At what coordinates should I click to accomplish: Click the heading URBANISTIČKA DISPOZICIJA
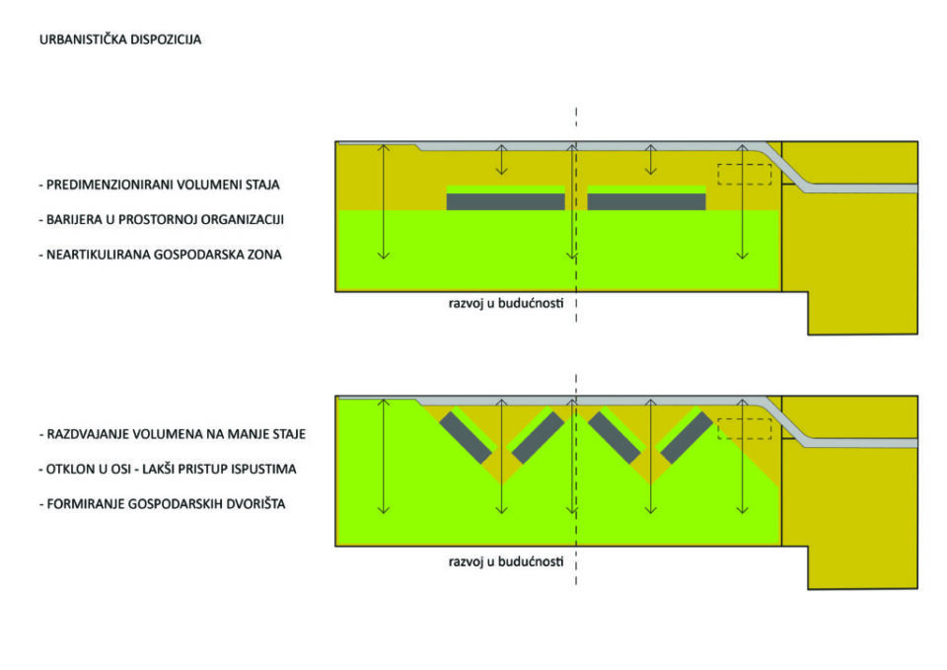(119, 40)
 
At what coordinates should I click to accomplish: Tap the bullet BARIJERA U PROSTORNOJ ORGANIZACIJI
(165, 219)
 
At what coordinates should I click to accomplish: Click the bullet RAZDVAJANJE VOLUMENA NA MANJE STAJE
(172, 434)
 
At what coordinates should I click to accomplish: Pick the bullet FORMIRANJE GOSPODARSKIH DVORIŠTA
(157, 503)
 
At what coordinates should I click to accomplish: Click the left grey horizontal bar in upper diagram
(505, 201)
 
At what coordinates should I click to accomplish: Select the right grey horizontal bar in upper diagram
(646, 201)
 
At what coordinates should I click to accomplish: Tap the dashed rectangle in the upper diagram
(744, 174)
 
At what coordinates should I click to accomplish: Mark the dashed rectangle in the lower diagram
(744, 429)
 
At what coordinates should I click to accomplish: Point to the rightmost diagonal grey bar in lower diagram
(687, 437)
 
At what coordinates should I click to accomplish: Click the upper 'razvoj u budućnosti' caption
(505, 303)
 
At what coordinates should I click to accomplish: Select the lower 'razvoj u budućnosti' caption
(505, 560)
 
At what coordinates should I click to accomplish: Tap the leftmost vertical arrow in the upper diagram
(384, 201)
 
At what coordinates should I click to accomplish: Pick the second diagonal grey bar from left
(538, 437)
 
